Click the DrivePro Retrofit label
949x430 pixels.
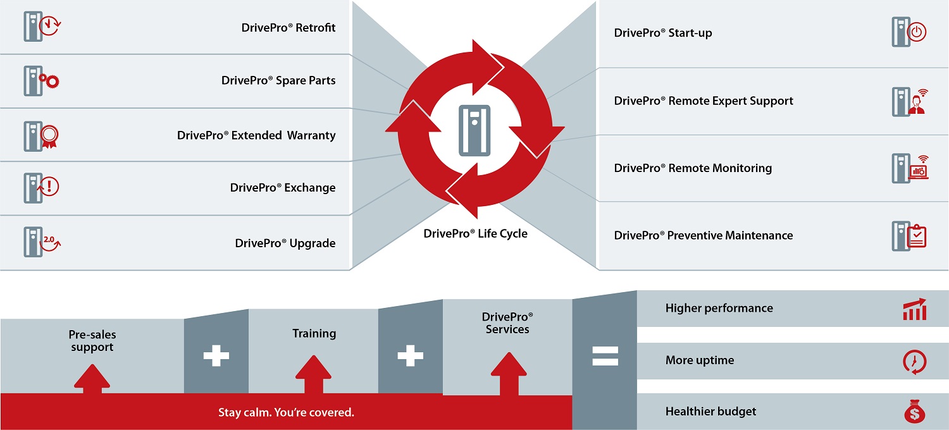(288, 28)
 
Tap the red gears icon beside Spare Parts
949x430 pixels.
(49, 80)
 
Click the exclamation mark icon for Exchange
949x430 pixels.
(49, 187)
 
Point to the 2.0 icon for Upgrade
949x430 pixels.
(50, 242)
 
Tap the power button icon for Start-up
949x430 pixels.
(916, 32)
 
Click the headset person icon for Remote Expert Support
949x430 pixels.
(917, 102)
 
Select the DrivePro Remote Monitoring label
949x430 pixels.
(693, 168)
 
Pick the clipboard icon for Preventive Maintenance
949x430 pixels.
(917, 235)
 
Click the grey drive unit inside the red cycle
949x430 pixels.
(475, 130)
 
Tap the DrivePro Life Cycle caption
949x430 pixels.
(475, 233)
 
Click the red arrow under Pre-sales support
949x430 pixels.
(92, 379)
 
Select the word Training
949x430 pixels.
(314, 333)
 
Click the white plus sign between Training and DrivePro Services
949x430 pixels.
(410, 355)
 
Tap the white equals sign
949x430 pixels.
(605, 356)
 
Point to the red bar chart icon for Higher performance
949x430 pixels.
(915, 309)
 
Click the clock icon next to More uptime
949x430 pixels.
(915, 362)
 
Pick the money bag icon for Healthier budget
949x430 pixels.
(915, 412)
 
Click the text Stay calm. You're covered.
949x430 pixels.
(286, 412)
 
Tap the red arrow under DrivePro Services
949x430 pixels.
(509, 374)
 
